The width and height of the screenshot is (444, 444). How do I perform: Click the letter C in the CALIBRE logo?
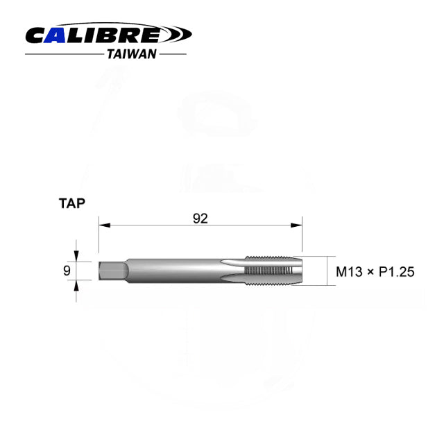tap(37, 34)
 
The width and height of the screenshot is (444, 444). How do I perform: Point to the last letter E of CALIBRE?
tap(153, 34)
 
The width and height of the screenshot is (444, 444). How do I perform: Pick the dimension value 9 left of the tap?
tap(67, 270)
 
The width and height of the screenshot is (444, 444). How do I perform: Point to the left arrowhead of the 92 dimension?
tap(102, 225)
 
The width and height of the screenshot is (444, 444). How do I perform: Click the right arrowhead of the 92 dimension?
tap(298, 225)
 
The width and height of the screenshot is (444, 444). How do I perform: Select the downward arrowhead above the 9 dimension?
tap(76, 256)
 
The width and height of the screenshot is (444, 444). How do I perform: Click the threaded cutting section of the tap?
tap(271, 270)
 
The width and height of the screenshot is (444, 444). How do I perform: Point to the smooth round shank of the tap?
tap(180, 270)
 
